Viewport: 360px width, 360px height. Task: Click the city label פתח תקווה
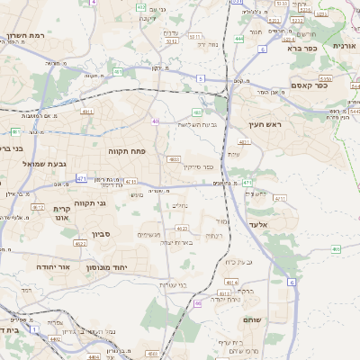point(127,151)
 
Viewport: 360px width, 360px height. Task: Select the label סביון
point(99,231)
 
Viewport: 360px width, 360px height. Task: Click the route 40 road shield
point(156,121)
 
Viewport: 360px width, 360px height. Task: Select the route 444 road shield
point(238,39)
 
